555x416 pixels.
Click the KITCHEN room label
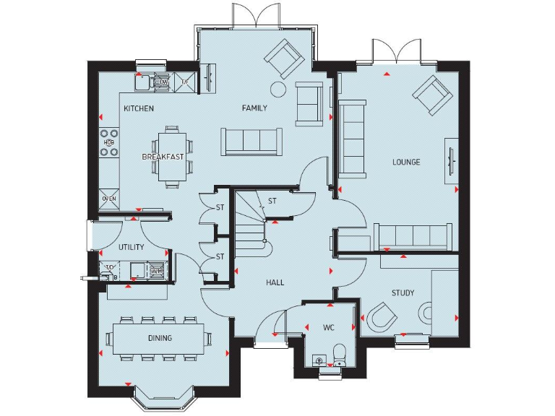pos(138,109)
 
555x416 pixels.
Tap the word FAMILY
pos(254,109)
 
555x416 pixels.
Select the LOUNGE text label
pos(406,162)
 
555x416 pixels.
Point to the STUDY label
pos(403,293)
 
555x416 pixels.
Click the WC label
pos(329,328)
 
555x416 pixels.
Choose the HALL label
pos(274,282)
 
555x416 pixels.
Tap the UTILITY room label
pos(132,247)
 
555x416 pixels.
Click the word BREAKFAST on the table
pos(163,157)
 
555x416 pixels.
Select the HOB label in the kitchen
pos(109,143)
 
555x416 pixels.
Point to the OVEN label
pos(109,199)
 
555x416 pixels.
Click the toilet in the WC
pos(339,353)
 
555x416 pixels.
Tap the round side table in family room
pos(277,89)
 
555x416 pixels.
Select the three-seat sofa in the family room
pos(252,140)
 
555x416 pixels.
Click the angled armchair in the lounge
pos(432,95)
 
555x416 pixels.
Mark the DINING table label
pos(160,338)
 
